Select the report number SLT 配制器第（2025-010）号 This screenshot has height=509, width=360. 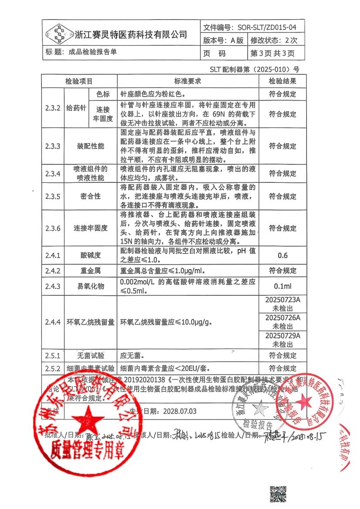[255, 69]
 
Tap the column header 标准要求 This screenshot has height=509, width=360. [188, 81]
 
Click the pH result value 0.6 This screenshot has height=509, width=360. [282, 255]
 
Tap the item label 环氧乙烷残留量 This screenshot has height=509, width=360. [91, 322]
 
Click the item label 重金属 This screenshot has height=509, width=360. [91, 271]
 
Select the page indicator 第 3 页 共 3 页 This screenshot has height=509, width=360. [273, 54]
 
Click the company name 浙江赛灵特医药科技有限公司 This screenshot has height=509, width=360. [131, 34]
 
